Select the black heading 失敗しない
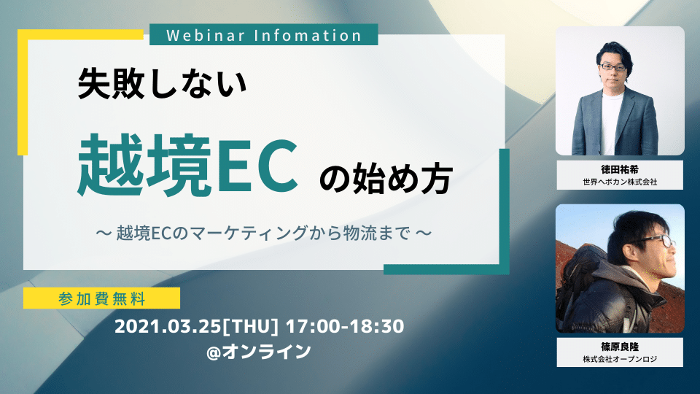point(162,83)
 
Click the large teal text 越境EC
point(188,166)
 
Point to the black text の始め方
point(386,178)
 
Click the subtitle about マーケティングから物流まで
point(264,233)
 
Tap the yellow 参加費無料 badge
point(102,298)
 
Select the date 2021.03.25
point(168,326)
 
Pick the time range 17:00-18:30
point(345,326)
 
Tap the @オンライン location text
point(259,351)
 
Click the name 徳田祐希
point(620,169)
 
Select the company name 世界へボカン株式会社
point(620,182)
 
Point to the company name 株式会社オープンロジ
point(620,359)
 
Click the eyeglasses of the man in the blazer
point(612,67)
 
